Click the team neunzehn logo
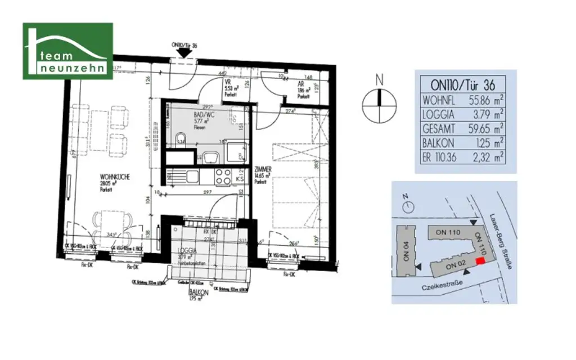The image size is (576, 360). click(x=67, y=51)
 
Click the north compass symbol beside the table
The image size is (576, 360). click(x=379, y=105)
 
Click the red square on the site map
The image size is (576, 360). click(x=480, y=260)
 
